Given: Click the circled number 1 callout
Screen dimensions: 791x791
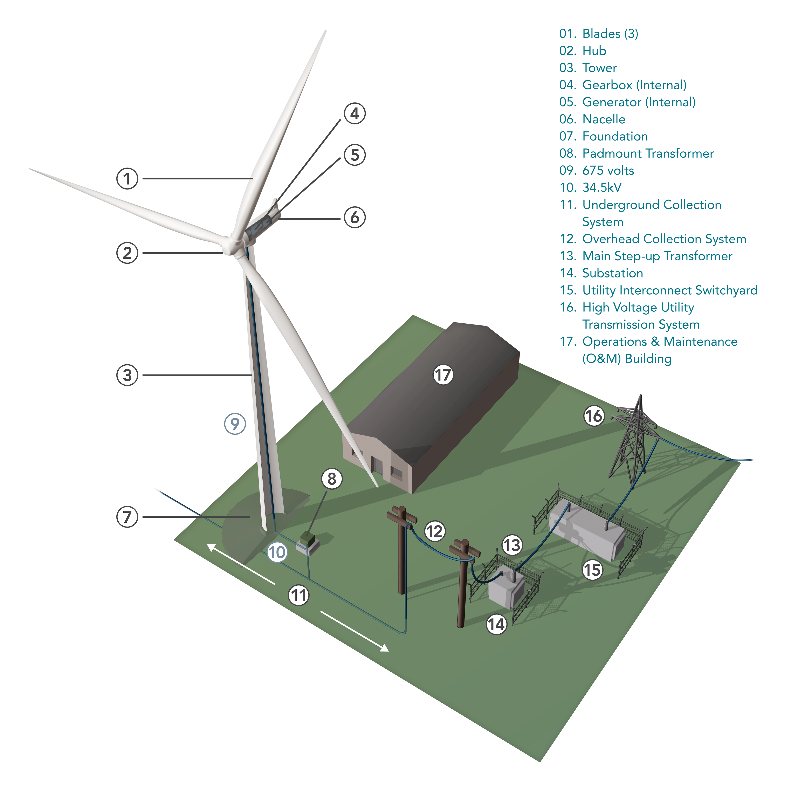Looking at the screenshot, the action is click(127, 179).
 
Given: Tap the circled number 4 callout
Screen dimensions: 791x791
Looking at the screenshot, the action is click(355, 114).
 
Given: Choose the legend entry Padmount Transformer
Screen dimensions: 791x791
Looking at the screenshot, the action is click(648, 153).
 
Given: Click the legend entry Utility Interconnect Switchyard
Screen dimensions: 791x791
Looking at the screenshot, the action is click(670, 290).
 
